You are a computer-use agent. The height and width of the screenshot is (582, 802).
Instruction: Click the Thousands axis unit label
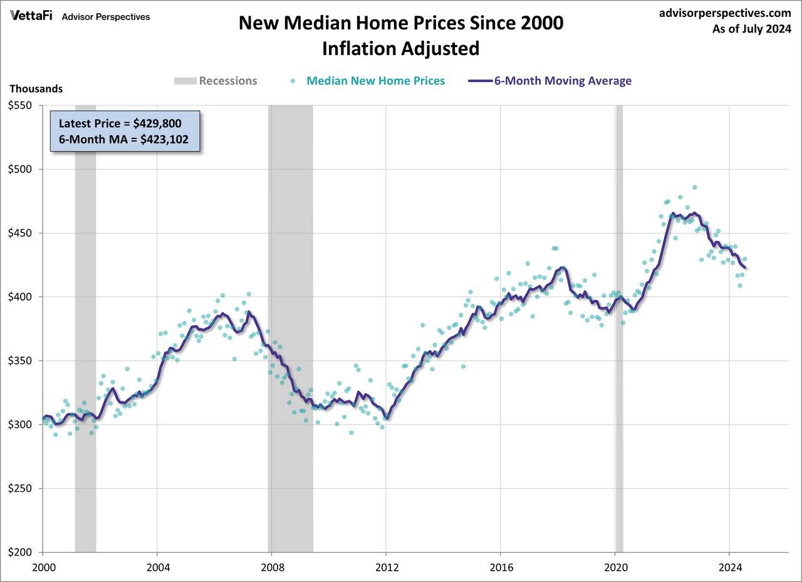coord(36,89)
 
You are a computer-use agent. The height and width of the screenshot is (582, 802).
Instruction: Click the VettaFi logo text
coord(31,17)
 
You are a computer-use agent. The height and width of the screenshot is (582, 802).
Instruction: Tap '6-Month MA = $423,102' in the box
coord(125,139)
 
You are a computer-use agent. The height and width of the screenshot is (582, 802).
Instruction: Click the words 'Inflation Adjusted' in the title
coord(401,49)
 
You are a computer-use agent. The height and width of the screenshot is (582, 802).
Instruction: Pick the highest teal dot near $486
coord(694,187)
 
